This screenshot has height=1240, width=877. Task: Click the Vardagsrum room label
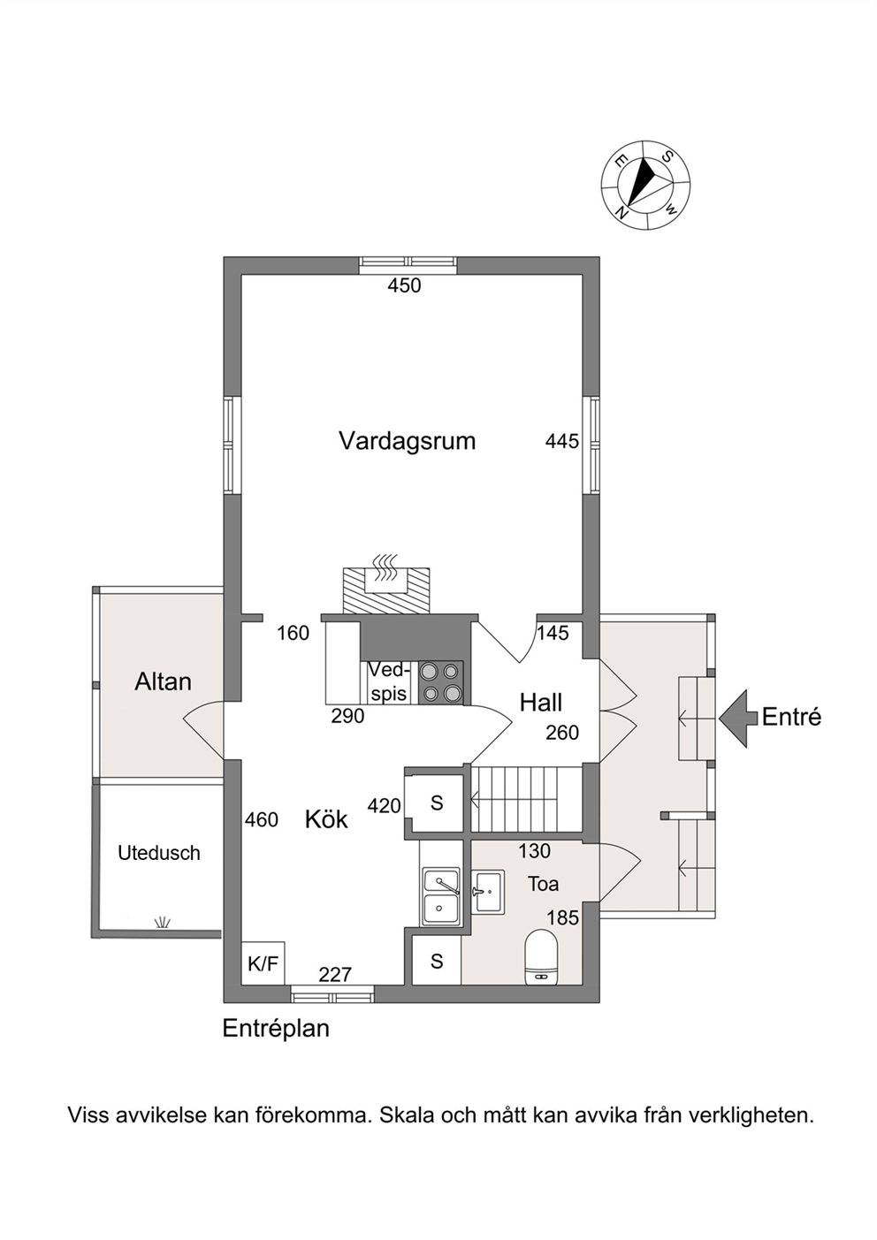pos(407,442)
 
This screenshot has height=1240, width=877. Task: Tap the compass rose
pos(645,185)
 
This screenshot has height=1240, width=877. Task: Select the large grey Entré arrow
pos(738,719)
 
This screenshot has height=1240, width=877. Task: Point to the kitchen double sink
pos(441,896)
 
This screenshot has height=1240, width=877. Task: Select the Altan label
pos(163,681)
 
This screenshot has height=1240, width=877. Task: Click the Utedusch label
pos(159,853)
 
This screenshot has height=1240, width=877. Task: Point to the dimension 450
pos(404,285)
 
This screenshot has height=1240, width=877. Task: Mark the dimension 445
pos(562,441)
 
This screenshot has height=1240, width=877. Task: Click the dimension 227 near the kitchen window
pos(335,974)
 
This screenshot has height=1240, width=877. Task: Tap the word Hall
pos(541,703)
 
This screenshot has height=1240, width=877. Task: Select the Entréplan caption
pos(276,1028)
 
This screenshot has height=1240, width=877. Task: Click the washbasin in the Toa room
pos(488,891)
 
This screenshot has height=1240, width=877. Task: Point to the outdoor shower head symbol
pos(162,922)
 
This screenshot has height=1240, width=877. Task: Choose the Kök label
pos(326,820)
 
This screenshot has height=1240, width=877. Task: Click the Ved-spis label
pos(389,682)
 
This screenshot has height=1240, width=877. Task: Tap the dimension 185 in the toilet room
pos(563,918)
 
